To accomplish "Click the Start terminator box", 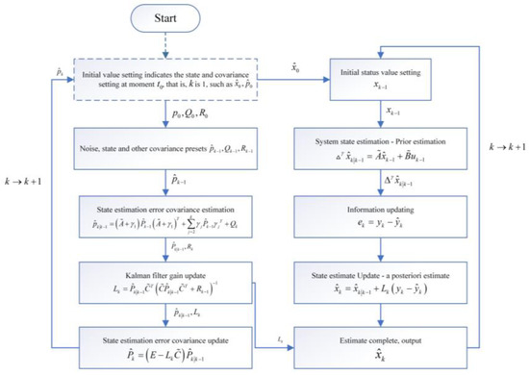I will pos(168,18).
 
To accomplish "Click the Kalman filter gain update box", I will pos(168,274).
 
